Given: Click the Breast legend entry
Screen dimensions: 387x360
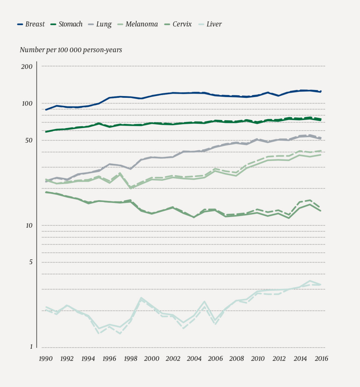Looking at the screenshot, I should tap(31, 24).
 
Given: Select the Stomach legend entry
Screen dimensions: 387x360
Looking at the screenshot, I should tap(67, 24).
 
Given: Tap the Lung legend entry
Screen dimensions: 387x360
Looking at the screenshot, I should tap(100, 24).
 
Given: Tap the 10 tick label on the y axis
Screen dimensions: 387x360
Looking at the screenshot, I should tap(29, 226).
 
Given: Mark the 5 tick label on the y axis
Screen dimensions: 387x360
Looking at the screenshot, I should tap(31, 262).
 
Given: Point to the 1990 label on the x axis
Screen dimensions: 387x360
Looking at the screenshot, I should tap(46, 359).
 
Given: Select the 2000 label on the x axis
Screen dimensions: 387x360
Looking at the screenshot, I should tap(152, 359).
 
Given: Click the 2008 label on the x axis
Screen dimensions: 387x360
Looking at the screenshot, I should tap(237, 359).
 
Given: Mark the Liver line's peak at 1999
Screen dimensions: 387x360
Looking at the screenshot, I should tap(141, 298).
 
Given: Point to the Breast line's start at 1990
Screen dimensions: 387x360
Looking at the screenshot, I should tap(46, 110).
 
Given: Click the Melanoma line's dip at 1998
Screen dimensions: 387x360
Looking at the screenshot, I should tap(131, 188).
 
